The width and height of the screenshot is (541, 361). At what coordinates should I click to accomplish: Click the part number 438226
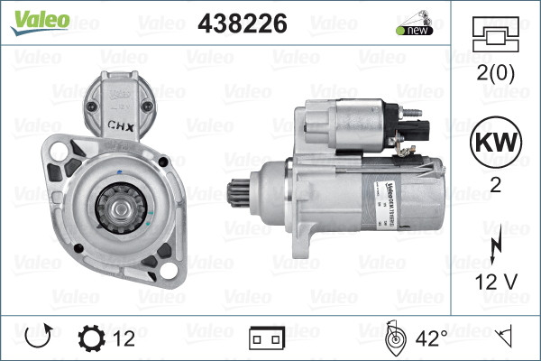tap(243, 23)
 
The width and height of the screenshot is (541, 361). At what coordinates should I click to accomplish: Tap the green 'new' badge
tap(417, 31)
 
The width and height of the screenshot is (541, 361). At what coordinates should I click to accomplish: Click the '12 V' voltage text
tap(496, 282)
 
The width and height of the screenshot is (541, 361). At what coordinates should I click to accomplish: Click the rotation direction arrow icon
tap(39, 338)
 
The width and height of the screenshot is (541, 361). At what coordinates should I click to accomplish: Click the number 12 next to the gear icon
tap(125, 338)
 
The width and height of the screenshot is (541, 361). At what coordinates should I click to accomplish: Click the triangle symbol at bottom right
tap(506, 338)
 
